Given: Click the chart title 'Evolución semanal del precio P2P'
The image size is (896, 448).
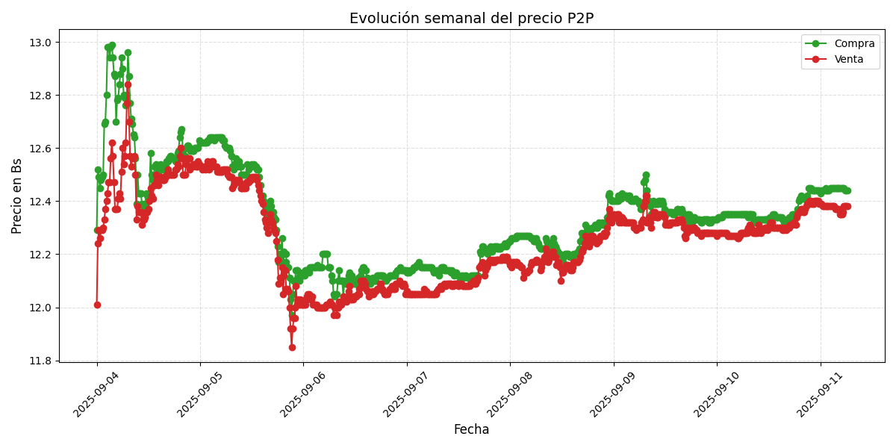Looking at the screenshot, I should [x=471, y=19].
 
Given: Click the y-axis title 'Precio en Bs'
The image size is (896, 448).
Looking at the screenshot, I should [x=17, y=196].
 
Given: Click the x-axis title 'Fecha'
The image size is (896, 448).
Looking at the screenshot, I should [x=471, y=429].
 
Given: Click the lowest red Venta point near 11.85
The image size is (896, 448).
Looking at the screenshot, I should [x=292, y=347].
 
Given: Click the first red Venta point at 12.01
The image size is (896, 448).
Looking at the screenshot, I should [x=97, y=305].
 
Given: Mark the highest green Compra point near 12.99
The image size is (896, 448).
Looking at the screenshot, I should [x=112, y=46].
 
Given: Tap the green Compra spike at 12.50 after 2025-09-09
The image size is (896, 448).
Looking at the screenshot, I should [x=646, y=175].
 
